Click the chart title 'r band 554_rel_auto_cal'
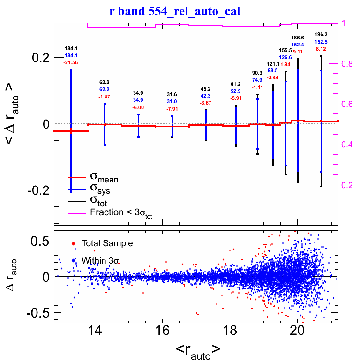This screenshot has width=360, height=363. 175,11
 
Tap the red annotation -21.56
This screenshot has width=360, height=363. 71,62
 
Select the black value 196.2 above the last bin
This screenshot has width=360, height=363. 321,35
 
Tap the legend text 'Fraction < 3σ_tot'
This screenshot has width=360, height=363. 121,213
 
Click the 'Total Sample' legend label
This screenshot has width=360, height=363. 107,243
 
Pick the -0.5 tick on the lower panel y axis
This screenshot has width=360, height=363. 39,312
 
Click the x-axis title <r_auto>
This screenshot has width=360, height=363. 198,349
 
